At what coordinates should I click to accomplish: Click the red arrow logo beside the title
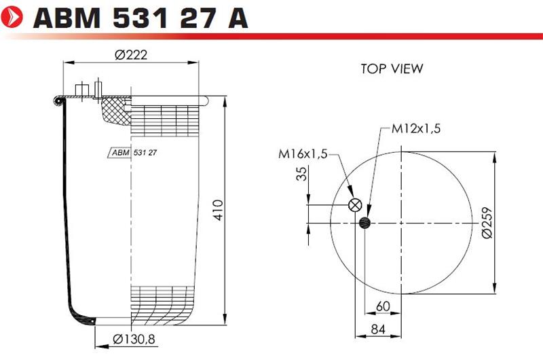coord(12,17)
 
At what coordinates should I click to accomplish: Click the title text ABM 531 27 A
coord(141,18)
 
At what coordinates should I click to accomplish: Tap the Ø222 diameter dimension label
coord(131,55)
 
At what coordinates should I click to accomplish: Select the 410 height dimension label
coord(219,210)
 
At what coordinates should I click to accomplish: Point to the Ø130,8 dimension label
coord(134,339)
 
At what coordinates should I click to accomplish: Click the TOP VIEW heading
coord(392,69)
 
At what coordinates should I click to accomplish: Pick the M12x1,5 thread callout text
coord(416,128)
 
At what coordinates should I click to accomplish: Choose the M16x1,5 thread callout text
coord(303,154)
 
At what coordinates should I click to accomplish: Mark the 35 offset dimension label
coord(301,174)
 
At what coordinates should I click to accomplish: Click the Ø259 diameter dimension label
coord(487,222)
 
